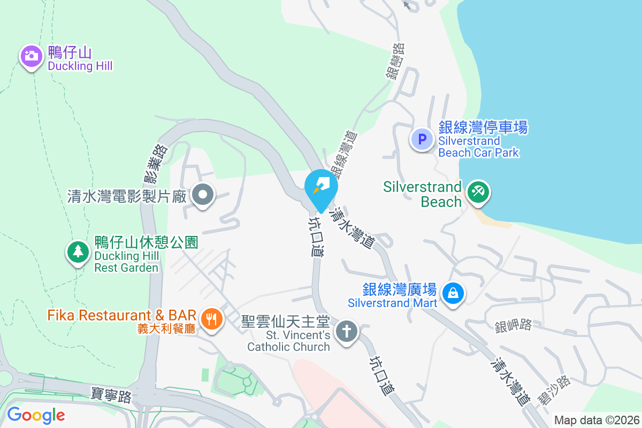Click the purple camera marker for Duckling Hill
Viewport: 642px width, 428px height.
(32, 56)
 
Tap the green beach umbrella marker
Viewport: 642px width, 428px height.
(477, 192)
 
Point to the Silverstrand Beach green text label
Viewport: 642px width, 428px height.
(422, 194)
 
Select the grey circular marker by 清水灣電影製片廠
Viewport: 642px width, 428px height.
(203, 196)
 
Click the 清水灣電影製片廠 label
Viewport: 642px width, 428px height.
(126, 196)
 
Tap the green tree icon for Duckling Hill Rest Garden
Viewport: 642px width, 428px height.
(78, 251)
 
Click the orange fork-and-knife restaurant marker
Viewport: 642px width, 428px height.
(212, 319)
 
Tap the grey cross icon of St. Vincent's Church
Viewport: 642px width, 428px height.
(346, 332)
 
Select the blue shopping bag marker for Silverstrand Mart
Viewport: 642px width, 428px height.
(453, 292)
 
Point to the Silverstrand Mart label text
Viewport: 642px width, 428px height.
(393, 296)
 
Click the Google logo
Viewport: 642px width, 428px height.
(36, 415)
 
